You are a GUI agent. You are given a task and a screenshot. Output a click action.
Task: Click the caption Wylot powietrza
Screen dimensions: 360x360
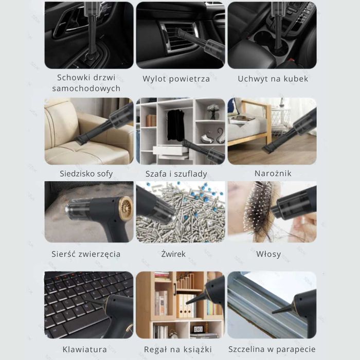[176, 79]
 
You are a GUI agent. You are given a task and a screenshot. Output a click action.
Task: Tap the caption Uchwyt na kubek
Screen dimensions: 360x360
[273, 79]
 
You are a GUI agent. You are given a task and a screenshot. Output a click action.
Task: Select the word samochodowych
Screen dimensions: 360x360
[86, 88]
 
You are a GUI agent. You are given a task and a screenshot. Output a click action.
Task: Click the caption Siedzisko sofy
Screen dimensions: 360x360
[86, 174]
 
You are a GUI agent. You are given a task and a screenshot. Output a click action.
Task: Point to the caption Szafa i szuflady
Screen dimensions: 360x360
[176, 174]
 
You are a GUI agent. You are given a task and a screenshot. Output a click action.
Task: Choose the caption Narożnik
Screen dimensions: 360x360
[273, 173]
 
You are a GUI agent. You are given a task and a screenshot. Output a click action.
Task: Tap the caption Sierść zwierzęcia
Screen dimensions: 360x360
[86, 254]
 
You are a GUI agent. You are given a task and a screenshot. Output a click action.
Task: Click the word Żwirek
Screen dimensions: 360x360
[173, 254]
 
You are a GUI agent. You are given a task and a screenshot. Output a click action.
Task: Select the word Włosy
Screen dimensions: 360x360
[268, 254]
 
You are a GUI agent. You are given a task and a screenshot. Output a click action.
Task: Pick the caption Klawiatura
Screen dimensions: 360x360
[84, 349]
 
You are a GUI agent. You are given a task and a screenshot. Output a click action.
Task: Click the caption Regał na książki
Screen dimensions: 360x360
[177, 349]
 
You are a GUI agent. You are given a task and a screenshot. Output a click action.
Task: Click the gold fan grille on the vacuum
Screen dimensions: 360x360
[126, 208]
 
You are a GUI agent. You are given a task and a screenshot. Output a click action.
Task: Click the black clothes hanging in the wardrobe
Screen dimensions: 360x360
[176, 125]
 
